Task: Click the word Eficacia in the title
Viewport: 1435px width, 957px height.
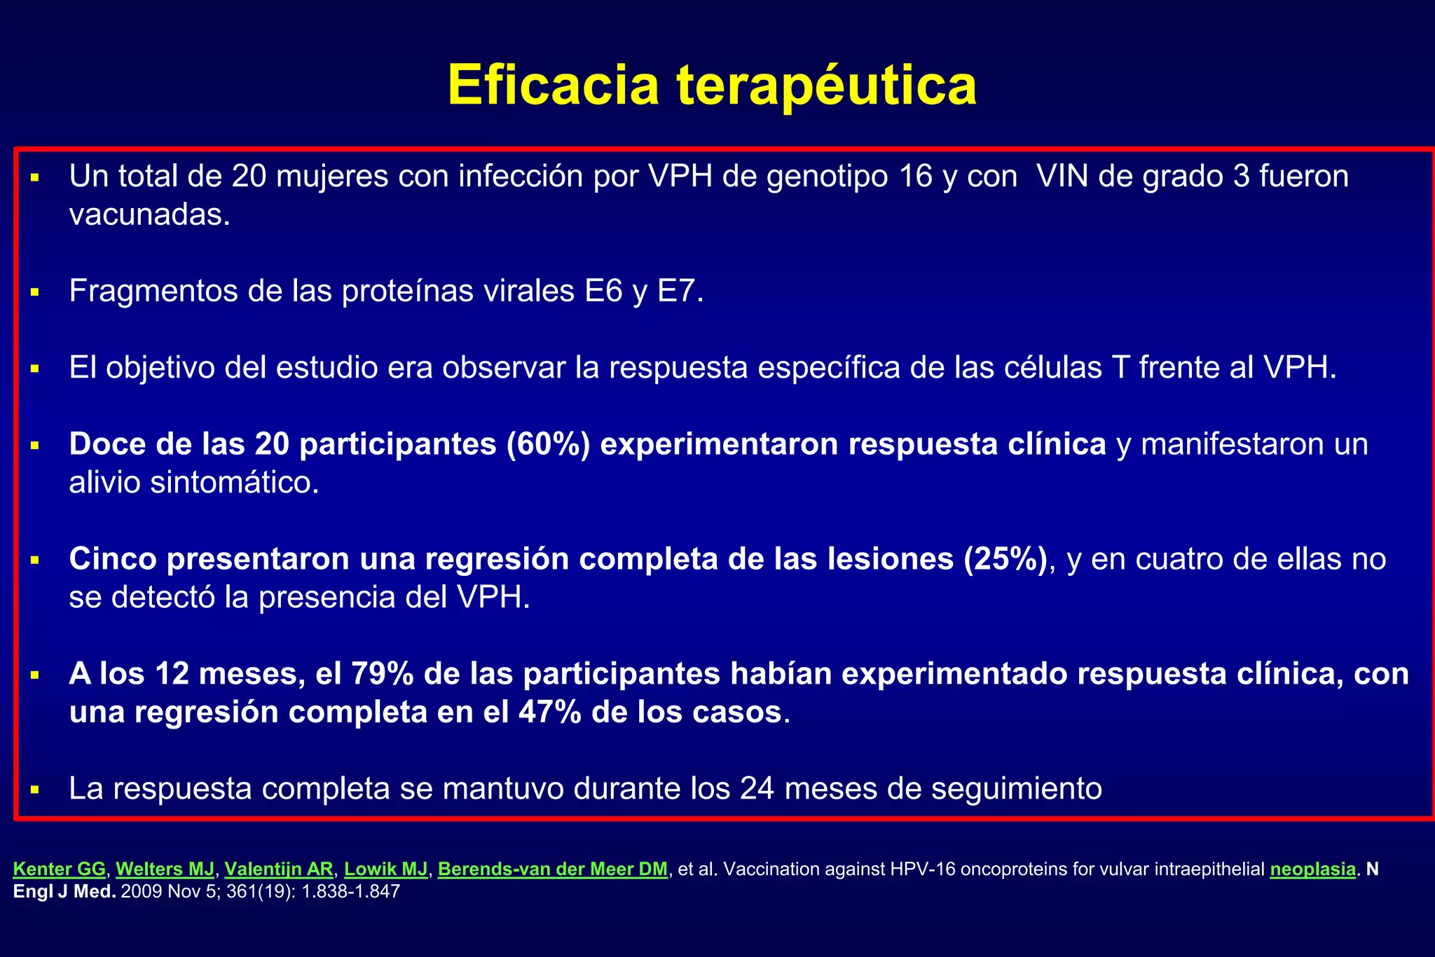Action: [x=554, y=85]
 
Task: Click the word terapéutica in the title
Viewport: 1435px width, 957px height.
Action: [x=826, y=85]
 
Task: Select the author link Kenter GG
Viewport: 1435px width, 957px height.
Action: [x=60, y=869]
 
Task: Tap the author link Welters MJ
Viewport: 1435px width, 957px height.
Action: [x=165, y=869]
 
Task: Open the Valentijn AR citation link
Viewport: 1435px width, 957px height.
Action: [x=279, y=869]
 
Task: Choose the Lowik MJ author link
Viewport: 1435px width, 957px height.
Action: [x=385, y=869]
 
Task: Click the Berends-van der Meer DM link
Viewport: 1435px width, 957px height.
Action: [x=552, y=869]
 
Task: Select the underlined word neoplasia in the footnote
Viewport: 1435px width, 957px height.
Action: [x=1312, y=869]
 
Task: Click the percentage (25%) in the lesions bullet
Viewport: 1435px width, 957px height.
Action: [x=1005, y=559]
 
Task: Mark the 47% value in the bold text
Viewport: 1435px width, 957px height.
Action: [x=550, y=712]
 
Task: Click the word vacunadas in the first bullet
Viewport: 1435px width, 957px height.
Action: [x=149, y=214]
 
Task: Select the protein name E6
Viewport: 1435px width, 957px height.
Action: [x=603, y=291]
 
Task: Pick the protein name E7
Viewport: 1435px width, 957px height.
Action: [x=680, y=291]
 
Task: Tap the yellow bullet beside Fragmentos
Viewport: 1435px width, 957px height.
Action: [x=34, y=291]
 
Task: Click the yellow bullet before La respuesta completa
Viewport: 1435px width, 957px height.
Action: [x=34, y=790]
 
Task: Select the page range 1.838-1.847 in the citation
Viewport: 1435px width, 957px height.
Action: [x=350, y=892]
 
